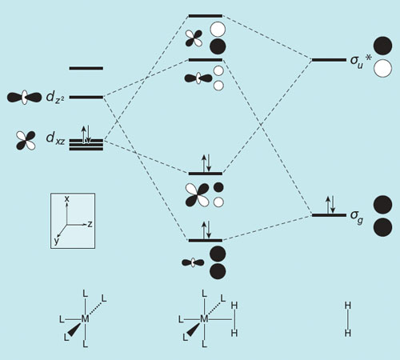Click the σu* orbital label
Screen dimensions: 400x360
[361, 62]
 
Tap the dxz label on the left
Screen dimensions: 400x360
[55, 138]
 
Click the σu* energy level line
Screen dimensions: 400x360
[329, 60]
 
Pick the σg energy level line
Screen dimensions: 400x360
[329, 215]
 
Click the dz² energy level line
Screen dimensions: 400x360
[86, 98]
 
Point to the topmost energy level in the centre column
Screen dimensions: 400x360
[206, 16]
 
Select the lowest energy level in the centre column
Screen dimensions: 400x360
[206, 241]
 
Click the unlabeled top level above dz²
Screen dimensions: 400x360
[86, 69]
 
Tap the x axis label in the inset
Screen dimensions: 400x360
[67, 198]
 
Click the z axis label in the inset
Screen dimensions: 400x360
[90, 224]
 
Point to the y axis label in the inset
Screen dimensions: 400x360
[56, 241]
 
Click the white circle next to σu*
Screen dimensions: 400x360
[382, 69]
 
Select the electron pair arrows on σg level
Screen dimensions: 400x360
[330, 205]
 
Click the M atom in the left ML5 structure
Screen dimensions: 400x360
[85, 319]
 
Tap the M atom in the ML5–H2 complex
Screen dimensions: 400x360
[204, 319]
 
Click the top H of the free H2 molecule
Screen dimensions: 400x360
[348, 306]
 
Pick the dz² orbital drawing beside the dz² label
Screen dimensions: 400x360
[24, 98]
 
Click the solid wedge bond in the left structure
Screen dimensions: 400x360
[74, 330]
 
